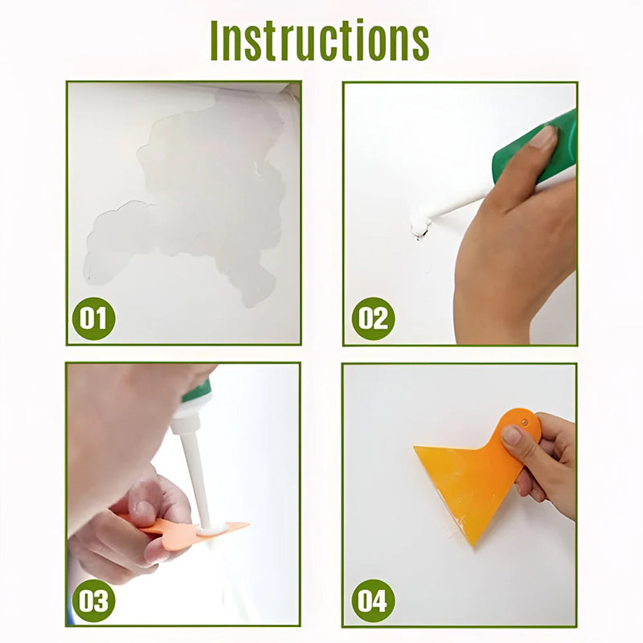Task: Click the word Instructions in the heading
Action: pos(319,40)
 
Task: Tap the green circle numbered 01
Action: pos(93,318)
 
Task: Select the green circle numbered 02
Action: pos(373,318)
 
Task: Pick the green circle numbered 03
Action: pos(93,600)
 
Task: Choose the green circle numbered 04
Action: pos(373,600)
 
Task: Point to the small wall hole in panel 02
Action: pos(420,234)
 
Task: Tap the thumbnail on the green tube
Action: pos(544,137)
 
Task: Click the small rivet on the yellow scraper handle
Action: pos(524,421)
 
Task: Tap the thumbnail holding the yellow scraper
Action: pos(511,435)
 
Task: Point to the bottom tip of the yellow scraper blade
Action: pos(474,546)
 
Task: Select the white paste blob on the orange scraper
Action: pos(212,530)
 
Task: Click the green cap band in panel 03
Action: pos(198,391)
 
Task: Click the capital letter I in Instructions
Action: pos(214,40)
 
